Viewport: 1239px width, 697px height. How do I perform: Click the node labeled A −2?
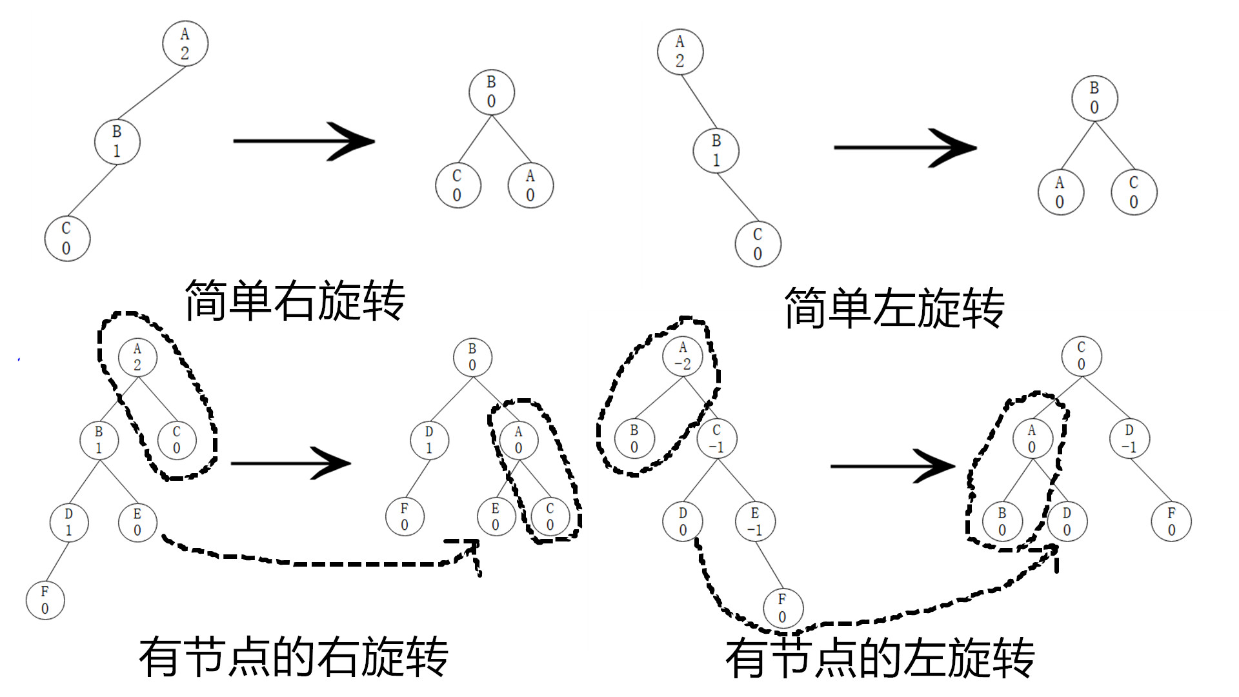pyautogui.click(x=683, y=356)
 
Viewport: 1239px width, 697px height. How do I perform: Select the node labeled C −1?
pyautogui.click(x=716, y=439)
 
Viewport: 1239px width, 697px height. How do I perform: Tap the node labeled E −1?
pyautogui.click(x=755, y=522)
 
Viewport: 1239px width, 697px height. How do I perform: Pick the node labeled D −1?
pyautogui.click(x=1129, y=439)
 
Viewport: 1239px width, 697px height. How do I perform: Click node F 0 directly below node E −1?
pyautogui.click(x=782, y=608)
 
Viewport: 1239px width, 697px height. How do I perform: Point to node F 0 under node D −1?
pyautogui.click(x=1171, y=522)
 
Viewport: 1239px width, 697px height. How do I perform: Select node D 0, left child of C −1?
pyautogui.click(x=683, y=522)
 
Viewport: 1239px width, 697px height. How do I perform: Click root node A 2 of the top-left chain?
pyautogui.click(x=185, y=43)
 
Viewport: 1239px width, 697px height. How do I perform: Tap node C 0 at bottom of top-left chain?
pyautogui.click(x=66, y=238)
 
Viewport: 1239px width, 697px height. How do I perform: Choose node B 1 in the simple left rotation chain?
pyautogui.click(x=716, y=150)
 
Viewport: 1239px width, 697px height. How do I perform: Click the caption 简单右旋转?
pyautogui.click(x=295, y=301)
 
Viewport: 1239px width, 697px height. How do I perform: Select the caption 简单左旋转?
pyautogui.click(x=894, y=308)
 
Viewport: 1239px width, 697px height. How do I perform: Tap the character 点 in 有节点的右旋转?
pyautogui.click(x=249, y=657)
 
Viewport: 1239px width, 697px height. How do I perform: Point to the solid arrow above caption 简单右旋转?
pyautogui.click(x=303, y=141)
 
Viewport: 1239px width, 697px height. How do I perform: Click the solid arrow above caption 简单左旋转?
pyautogui.click(x=905, y=147)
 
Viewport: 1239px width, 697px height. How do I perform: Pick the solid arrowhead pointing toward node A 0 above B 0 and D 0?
pyautogui.click(x=936, y=466)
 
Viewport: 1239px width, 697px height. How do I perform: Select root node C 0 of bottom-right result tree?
pyautogui.click(x=1082, y=356)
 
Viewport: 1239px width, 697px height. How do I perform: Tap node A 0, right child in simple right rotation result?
pyautogui.click(x=530, y=185)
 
